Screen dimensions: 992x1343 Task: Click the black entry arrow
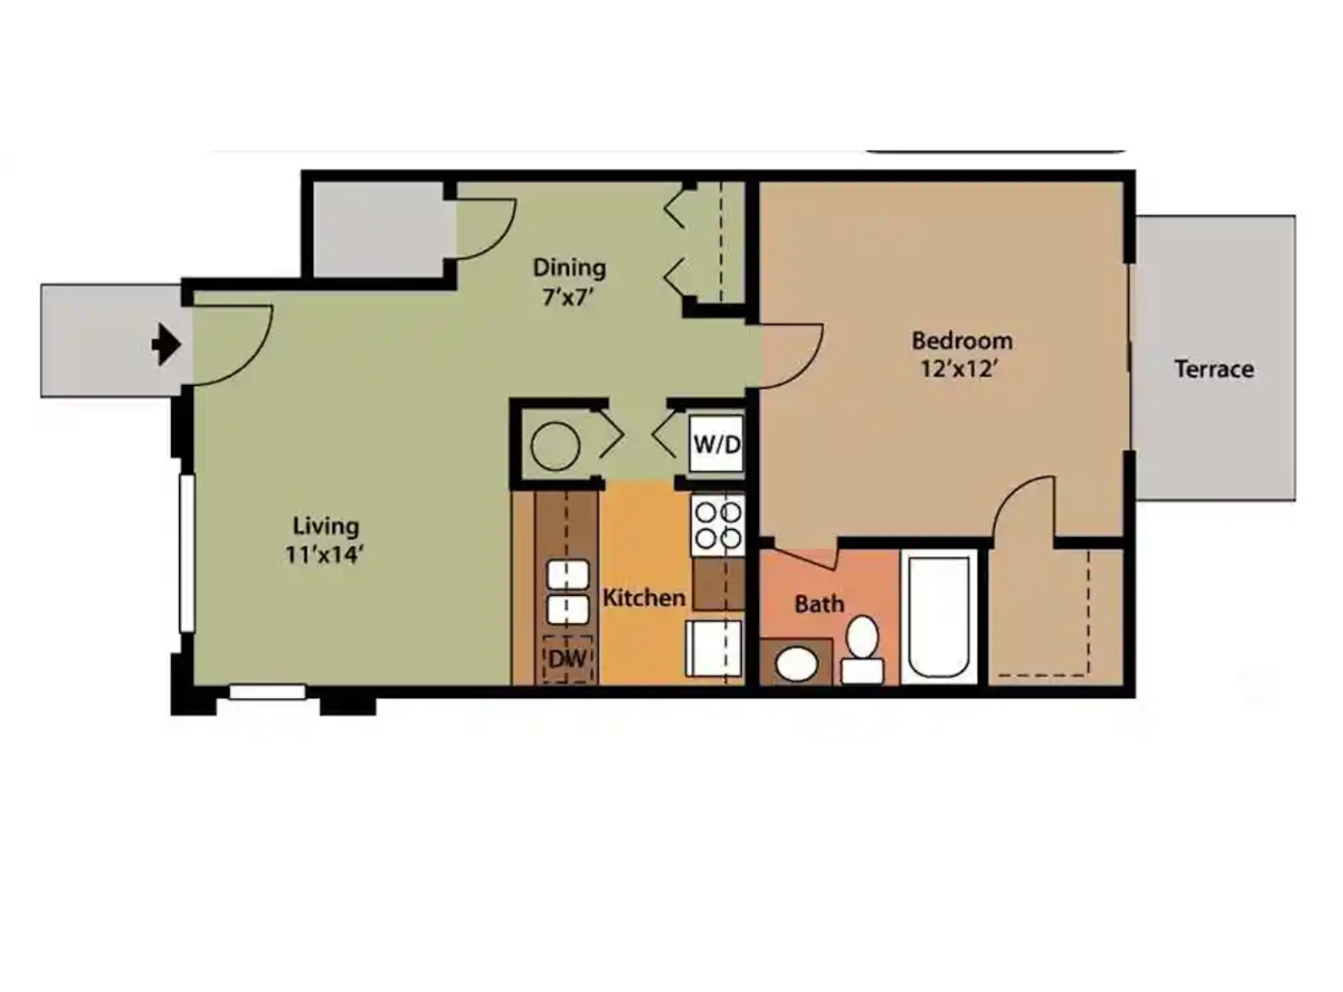pos(166,345)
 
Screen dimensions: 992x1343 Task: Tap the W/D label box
pos(716,445)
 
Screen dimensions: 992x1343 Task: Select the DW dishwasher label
pos(567,659)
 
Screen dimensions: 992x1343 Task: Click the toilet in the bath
pos(862,651)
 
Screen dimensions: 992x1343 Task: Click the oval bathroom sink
pos(796,663)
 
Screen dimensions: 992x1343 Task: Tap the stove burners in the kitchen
pos(718,524)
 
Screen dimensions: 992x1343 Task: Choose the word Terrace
pos(1214,369)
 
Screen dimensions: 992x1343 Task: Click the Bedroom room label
pos(962,341)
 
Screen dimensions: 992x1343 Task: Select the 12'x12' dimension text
pos(959,369)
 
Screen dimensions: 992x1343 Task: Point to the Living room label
pos(326,526)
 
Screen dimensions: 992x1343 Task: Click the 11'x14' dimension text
pos(325,555)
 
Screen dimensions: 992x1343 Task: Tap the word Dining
pos(569,267)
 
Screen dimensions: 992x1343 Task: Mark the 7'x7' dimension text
pos(569,297)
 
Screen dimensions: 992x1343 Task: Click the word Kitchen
pos(644,598)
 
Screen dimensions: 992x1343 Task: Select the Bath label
pos(819,604)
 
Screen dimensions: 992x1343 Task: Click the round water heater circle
pos(555,446)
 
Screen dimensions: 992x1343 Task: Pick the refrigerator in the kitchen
pos(714,650)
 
